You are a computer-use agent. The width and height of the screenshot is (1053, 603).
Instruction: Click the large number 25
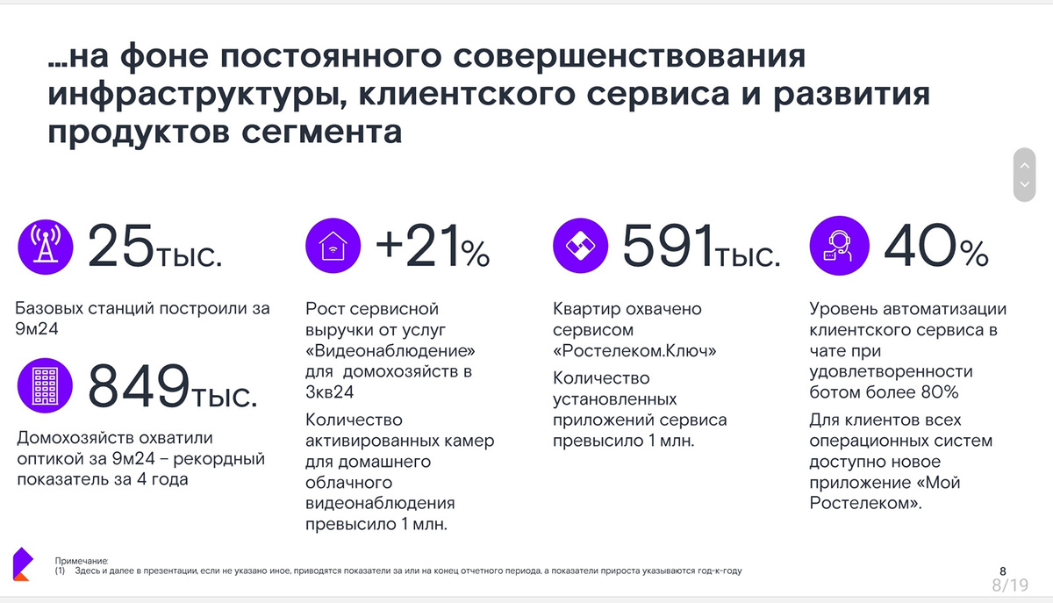click(x=120, y=246)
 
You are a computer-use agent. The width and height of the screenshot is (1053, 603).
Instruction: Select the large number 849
click(x=139, y=386)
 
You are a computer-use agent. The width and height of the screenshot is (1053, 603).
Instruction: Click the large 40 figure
click(x=917, y=246)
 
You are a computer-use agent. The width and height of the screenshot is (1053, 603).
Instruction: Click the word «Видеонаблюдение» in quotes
click(x=397, y=350)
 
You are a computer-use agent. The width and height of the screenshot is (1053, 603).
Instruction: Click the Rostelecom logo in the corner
click(x=22, y=564)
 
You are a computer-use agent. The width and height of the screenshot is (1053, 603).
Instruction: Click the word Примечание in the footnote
click(x=81, y=560)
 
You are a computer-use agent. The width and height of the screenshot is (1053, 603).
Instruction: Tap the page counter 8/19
click(x=1009, y=585)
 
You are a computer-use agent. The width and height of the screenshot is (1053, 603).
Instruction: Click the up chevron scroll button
click(x=1023, y=164)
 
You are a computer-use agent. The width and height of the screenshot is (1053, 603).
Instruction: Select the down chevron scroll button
click(x=1023, y=185)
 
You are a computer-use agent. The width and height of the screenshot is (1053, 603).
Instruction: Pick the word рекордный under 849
click(x=223, y=458)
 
